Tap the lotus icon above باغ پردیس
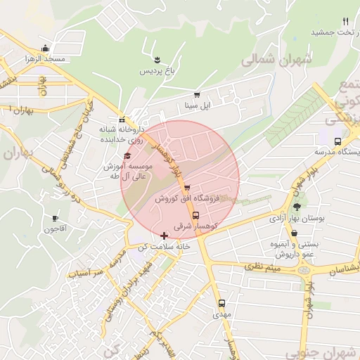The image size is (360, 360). click(157, 60)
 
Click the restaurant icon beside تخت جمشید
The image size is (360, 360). click(345, 22)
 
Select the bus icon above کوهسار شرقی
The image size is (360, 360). click(195, 214)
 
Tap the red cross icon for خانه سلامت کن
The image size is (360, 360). click(165, 236)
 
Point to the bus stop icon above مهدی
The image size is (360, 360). click(221, 303)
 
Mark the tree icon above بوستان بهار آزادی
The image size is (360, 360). click(297, 207)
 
